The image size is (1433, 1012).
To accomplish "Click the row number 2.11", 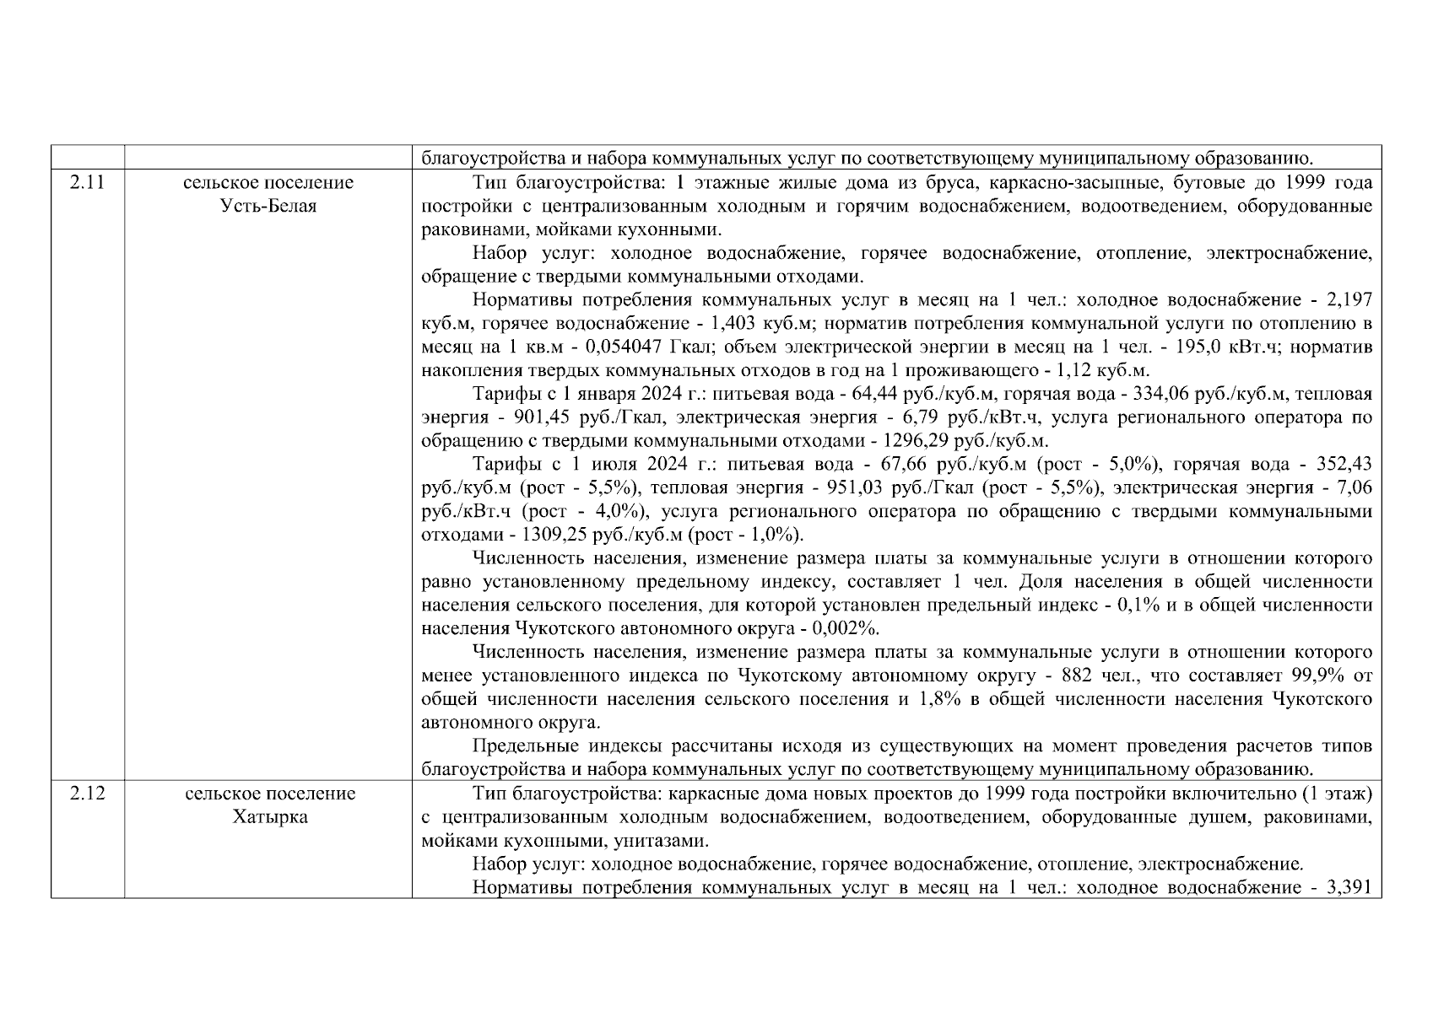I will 87,182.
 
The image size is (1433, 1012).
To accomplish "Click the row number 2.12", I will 87,794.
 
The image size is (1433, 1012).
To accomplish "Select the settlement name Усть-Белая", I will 268,206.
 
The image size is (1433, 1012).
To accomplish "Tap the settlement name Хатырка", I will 270,817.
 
